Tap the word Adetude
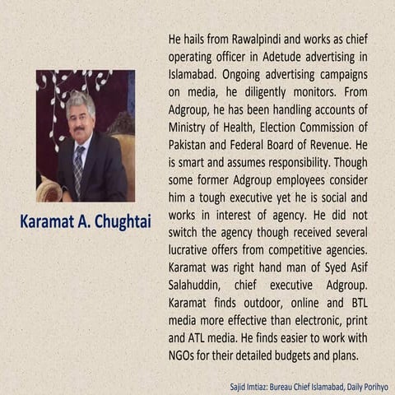pos(291,55)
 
